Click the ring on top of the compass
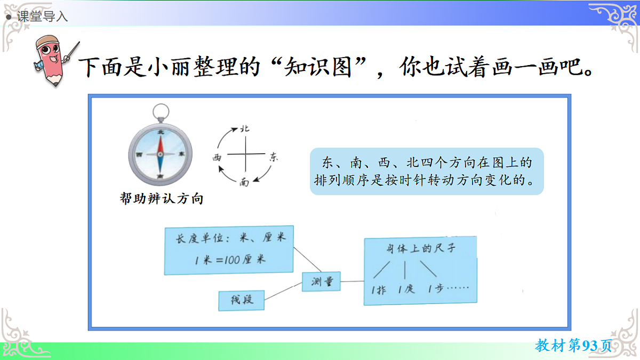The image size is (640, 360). click(160, 111)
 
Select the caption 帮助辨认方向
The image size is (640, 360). click(162, 199)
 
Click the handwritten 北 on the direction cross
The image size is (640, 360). click(245, 129)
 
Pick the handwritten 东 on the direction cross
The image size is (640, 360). click(274, 157)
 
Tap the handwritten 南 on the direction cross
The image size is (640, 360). click(244, 182)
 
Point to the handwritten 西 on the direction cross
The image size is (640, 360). click(217, 158)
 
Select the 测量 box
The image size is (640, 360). click(322, 282)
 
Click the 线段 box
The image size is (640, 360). click(242, 300)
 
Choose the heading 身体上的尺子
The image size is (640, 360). click(421, 249)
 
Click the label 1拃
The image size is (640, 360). click(378, 290)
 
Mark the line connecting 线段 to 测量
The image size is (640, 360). click(282, 291)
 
